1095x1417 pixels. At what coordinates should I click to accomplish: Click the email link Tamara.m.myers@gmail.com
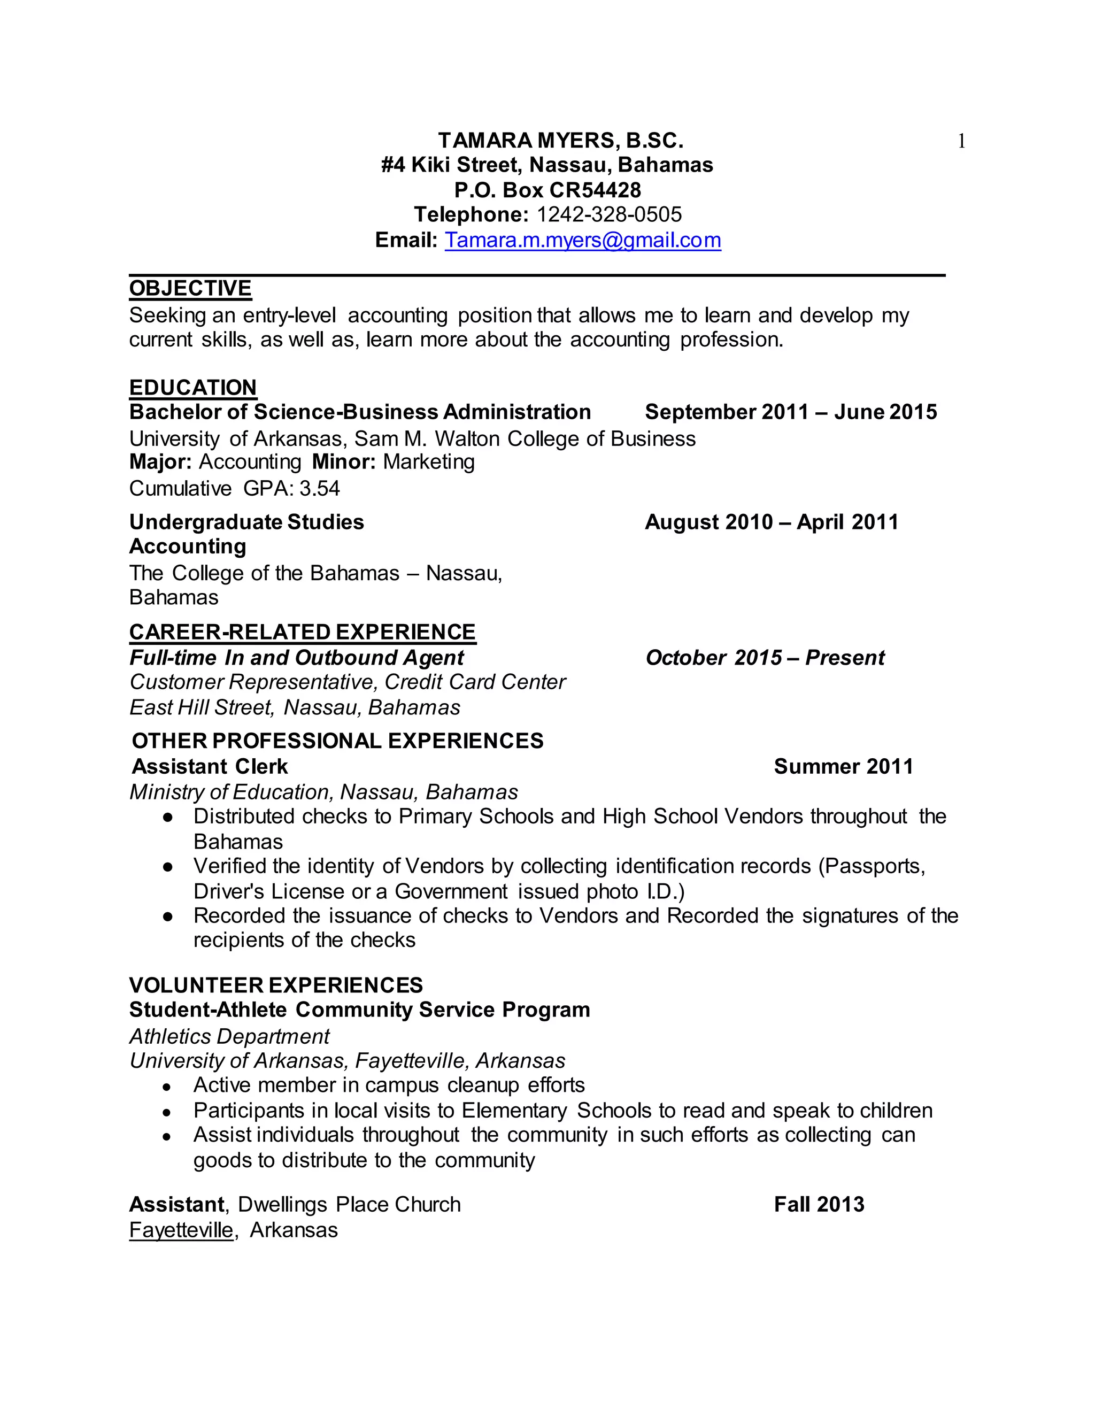(x=583, y=241)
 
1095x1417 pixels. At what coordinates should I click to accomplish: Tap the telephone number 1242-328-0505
(x=609, y=215)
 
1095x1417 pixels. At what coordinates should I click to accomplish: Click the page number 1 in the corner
(x=961, y=142)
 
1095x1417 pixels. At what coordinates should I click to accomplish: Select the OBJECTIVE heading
(x=190, y=289)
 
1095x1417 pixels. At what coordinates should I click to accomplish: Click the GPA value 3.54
(x=319, y=489)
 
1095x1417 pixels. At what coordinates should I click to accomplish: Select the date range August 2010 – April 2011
(x=772, y=522)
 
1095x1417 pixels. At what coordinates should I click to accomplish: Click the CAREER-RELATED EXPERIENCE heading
(x=302, y=633)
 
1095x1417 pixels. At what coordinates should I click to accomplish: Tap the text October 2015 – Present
(x=765, y=658)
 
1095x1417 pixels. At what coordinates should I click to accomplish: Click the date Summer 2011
(x=843, y=767)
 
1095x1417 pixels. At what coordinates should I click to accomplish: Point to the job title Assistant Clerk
(x=210, y=767)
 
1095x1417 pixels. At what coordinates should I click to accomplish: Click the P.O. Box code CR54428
(x=595, y=190)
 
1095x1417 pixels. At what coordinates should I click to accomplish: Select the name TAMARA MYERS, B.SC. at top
(x=560, y=141)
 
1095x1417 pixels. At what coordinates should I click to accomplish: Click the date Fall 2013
(x=819, y=1205)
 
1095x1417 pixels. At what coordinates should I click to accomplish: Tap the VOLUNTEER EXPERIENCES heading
(x=276, y=985)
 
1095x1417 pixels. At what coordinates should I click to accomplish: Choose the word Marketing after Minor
(x=429, y=462)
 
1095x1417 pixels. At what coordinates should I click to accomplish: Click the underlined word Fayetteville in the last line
(x=181, y=1230)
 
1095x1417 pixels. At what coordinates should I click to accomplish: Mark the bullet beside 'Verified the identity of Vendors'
(x=168, y=867)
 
